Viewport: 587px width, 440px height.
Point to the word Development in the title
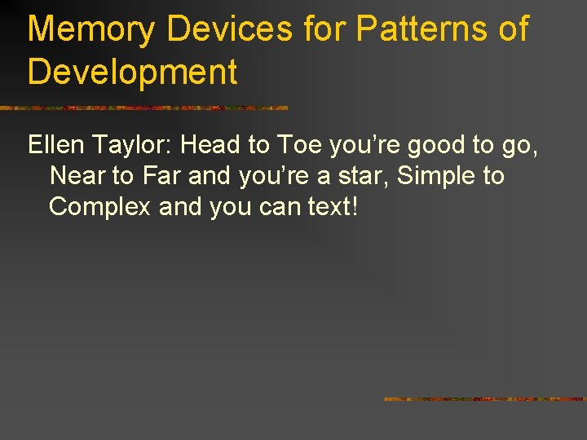pos(132,72)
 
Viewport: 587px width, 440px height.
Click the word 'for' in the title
pos(324,30)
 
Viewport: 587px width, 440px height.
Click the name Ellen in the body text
pos(55,146)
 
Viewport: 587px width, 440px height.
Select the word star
pos(359,176)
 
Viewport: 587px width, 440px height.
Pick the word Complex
pos(99,207)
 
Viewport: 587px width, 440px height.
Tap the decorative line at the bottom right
pos(485,399)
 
